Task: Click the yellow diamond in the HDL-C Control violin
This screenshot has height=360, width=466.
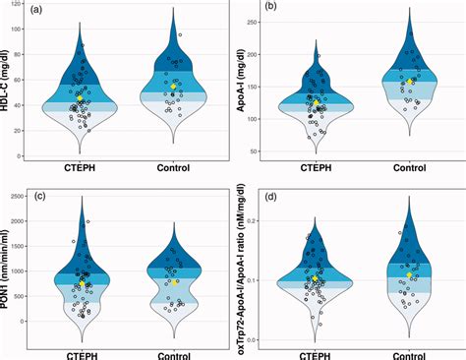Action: (x=173, y=87)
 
